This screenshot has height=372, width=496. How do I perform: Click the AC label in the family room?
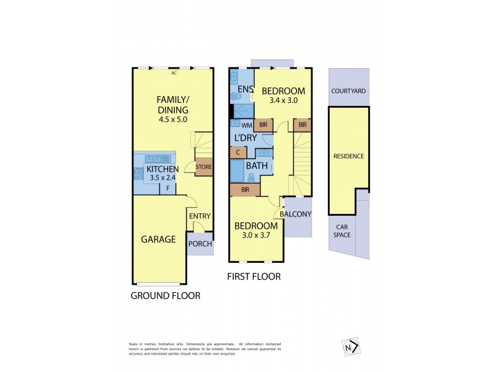[x=174, y=73]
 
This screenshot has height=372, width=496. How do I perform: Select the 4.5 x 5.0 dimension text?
[x=173, y=120]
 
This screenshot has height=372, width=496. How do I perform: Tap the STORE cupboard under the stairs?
[x=204, y=167]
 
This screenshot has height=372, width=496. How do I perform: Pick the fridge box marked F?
[x=167, y=188]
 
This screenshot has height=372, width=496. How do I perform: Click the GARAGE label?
[x=158, y=239]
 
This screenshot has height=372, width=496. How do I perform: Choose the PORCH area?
[x=200, y=244]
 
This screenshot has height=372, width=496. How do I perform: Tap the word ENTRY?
[x=200, y=216]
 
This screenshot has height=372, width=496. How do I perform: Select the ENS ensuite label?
[x=245, y=89]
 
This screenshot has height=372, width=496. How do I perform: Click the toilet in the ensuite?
[x=236, y=96]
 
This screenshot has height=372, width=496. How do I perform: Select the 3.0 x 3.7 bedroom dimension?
[x=256, y=236]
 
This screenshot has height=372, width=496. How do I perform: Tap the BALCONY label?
[x=296, y=215]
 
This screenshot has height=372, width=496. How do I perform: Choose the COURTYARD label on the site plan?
[x=348, y=91]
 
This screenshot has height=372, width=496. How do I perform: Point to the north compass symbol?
[x=351, y=346]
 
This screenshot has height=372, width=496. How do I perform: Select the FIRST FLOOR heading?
[x=254, y=277]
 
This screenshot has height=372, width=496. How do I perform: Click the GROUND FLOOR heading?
[x=165, y=296]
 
